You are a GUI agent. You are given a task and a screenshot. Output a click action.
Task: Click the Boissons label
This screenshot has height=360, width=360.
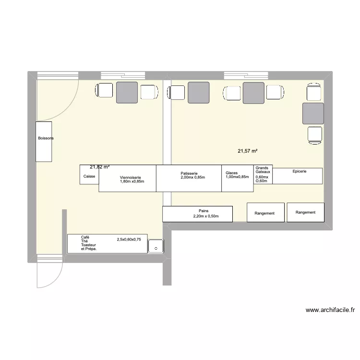[46, 138]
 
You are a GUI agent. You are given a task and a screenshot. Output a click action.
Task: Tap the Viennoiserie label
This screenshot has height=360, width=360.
[131, 178]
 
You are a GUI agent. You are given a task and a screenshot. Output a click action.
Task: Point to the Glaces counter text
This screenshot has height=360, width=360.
[231, 173]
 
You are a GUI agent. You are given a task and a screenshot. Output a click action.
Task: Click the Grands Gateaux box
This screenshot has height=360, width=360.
[263, 174]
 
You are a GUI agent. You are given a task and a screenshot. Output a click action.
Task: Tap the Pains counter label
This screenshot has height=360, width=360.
[204, 210]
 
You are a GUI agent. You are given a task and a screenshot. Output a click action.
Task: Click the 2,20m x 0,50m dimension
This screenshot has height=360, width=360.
[206, 216]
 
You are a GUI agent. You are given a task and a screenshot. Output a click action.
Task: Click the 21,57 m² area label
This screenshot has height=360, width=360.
[247, 151]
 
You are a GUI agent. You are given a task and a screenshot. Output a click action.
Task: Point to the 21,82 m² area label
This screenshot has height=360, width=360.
[99, 167]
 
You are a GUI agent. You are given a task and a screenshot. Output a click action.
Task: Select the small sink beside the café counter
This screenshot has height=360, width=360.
[156, 247]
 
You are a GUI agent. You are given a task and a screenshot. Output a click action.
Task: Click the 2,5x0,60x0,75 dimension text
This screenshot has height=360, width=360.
[129, 239]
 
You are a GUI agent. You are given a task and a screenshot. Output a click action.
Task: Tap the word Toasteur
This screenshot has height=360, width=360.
[89, 245]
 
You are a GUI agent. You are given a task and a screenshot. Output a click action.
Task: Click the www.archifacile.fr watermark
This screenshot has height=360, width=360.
[330, 310]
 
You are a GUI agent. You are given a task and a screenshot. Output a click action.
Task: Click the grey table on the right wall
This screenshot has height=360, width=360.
[314, 113]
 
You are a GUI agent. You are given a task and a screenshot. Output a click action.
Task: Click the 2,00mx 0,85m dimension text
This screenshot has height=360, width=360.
[192, 178]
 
